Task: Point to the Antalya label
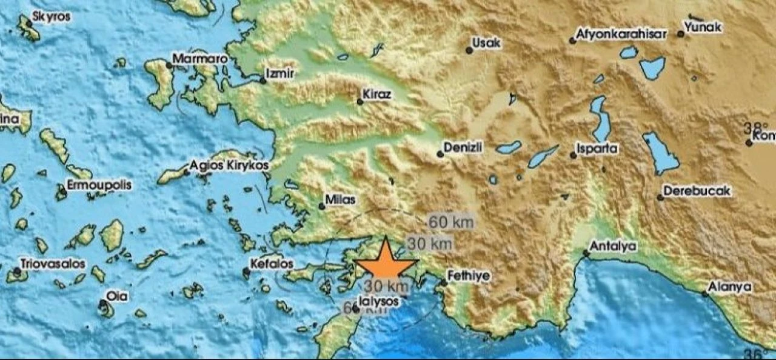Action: click(x=613, y=246)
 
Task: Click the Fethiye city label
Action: click(x=469, y=276)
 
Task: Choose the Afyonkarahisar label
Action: click(x=621, y=34)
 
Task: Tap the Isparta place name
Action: click(x=598, y=148)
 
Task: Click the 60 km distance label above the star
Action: click(x=450, y=222)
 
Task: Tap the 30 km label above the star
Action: click(x=429, y=244)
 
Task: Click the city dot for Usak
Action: click(x=469, y=50)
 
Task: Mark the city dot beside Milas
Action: click(x=322, y=207)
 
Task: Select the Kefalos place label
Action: click(x=272, y=264)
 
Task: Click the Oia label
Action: click(x=116, y=296)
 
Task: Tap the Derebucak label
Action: click(x=697, y=191)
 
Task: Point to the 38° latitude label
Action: click(x=755, y=128)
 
